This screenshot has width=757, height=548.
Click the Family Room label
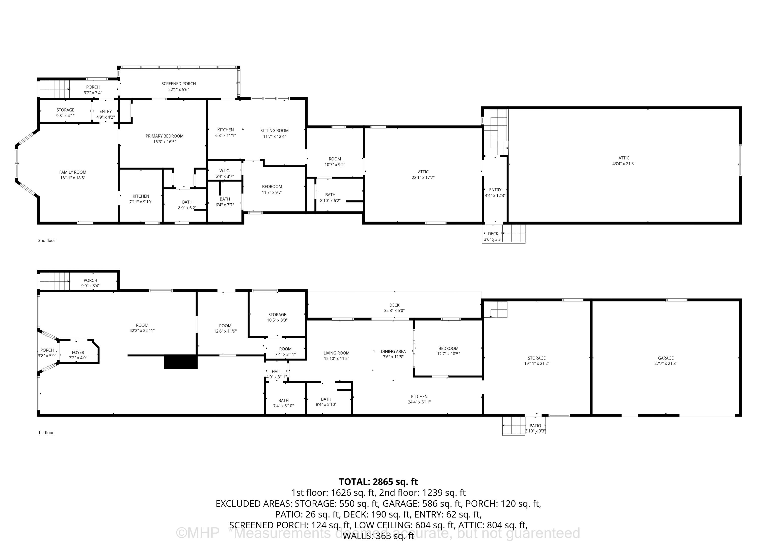73,172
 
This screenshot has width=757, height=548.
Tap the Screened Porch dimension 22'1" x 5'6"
179,90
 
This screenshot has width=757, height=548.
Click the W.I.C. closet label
225,171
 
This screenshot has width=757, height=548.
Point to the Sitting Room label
274,130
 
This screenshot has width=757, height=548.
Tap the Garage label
666,358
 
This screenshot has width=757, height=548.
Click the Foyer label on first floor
78,352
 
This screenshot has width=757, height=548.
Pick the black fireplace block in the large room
181,362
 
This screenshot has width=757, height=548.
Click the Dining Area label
393,351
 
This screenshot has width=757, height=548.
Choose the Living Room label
336,353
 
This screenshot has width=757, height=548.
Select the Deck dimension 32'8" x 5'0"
394,310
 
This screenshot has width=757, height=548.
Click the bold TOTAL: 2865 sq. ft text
378,482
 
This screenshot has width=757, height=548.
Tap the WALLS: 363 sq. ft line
378,536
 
